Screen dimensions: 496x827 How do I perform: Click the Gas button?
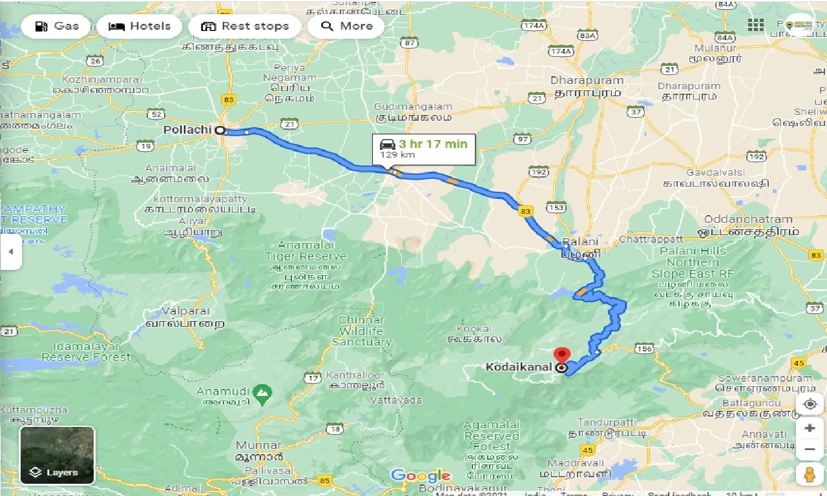pos(56,26)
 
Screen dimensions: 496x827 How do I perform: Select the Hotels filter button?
pos(140,26)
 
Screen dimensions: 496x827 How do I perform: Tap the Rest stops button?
pos(245,26)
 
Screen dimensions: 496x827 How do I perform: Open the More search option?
pos(346,26)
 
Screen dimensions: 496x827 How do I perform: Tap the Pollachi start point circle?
pos(220,130)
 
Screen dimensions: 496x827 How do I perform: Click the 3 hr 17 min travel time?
pos(432,144)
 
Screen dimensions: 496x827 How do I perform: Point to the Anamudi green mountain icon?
pos(262,392)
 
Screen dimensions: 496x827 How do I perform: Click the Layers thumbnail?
pos(58,455)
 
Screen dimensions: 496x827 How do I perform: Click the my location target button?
pos(810,404)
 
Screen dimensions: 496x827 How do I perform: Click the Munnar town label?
pos(258,445)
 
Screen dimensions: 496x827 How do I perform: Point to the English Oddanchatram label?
pos(748,219)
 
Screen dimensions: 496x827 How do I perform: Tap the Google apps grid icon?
pos(755,25)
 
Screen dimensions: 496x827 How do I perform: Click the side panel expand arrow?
pos(10,251)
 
